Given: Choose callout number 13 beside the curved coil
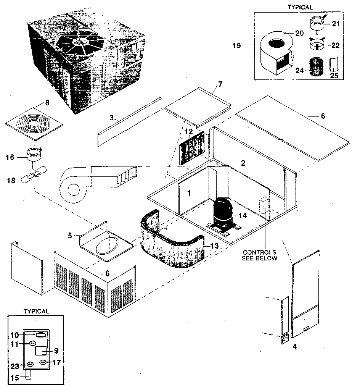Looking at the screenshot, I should click(x=214, y=246).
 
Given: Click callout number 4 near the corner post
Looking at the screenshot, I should click(x=294, y=347).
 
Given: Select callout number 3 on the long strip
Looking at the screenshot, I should click(x=112, y=118).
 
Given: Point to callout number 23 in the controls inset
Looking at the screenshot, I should click(x=14, y=365).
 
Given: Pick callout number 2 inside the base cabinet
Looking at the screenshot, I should click(x=243, y=163).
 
